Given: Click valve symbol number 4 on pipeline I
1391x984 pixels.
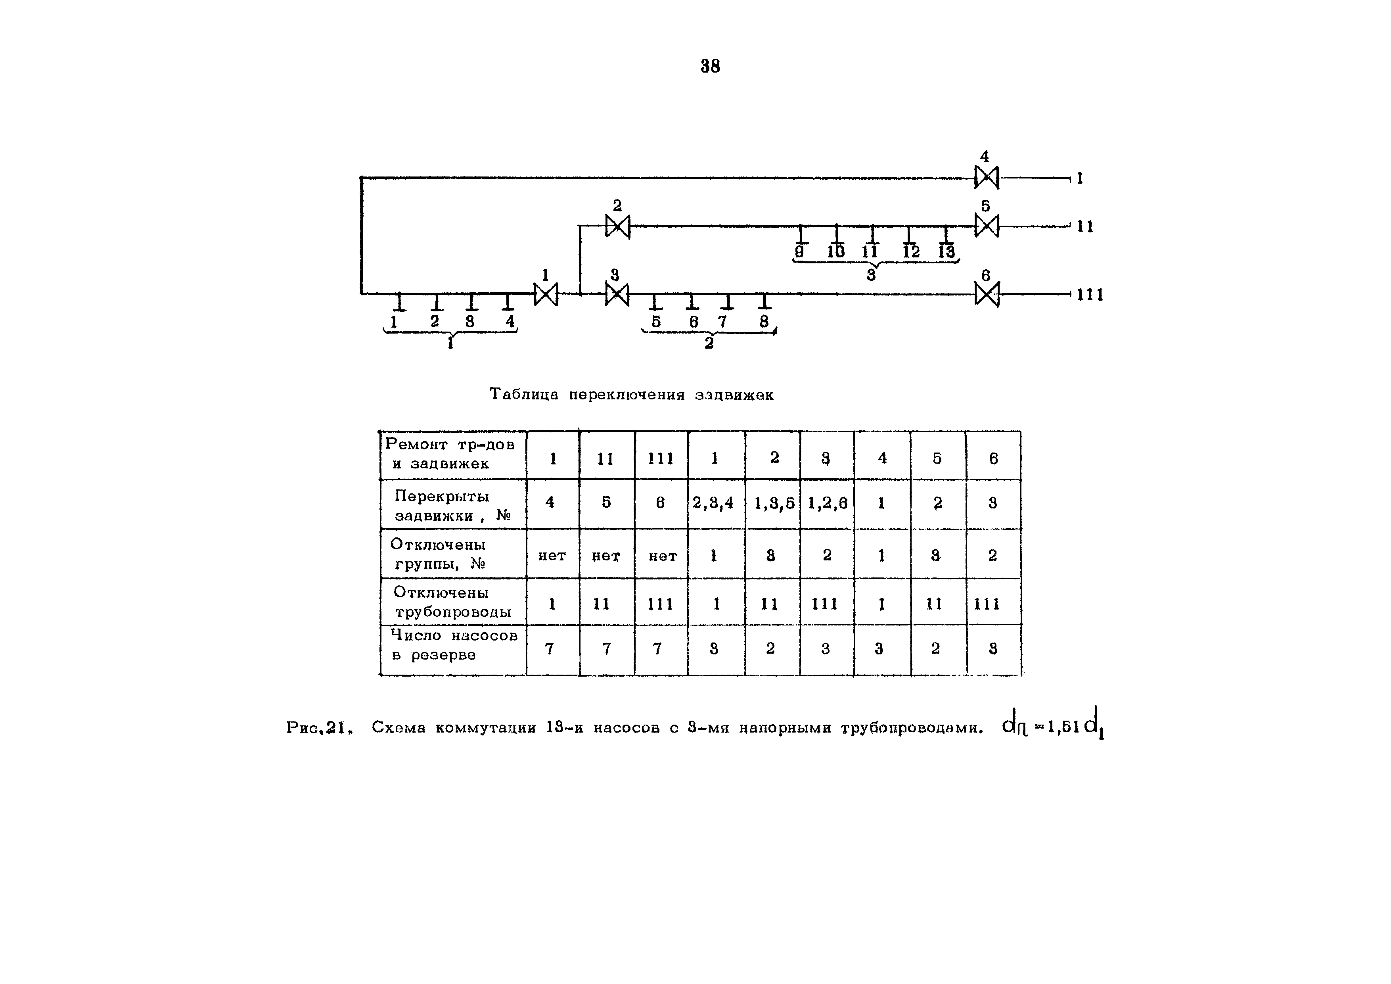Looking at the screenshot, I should click(986, 178).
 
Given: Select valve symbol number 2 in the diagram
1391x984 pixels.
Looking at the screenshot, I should click(617, 226).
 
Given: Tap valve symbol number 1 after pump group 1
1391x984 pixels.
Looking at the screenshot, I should click(545, 294).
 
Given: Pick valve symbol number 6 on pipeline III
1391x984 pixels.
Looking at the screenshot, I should click(986, 294).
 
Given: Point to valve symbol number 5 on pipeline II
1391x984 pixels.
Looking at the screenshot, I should click(986, 226).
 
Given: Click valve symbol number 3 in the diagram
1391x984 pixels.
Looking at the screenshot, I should click(617, 294).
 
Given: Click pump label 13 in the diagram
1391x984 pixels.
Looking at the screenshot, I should click(946, 251).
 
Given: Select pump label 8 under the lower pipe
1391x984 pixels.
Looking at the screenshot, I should click(764, 321).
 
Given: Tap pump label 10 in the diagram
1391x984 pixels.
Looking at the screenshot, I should click(836, 251).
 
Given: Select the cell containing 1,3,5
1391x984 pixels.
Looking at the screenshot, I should click(774, 503).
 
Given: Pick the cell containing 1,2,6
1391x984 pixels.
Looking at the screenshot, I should click(827, 503).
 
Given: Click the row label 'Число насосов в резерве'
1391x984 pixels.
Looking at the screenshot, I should click(453, 645).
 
